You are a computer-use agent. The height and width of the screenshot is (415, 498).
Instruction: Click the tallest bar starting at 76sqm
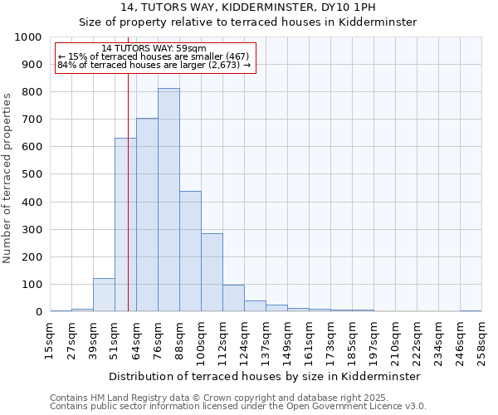coord(168,200)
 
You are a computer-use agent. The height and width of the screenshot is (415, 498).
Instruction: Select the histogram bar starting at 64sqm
coord(147,215)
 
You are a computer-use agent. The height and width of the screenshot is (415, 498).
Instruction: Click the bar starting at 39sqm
coord(104,295)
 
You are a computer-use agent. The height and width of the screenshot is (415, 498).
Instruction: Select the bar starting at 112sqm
coord(233,298)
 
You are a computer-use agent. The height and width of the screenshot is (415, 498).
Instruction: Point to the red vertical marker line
coord(128,191)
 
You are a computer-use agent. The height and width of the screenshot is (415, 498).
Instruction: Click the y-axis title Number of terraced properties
coord(7,178)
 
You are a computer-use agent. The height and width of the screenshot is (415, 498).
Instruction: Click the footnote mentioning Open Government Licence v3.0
coord(238,407)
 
